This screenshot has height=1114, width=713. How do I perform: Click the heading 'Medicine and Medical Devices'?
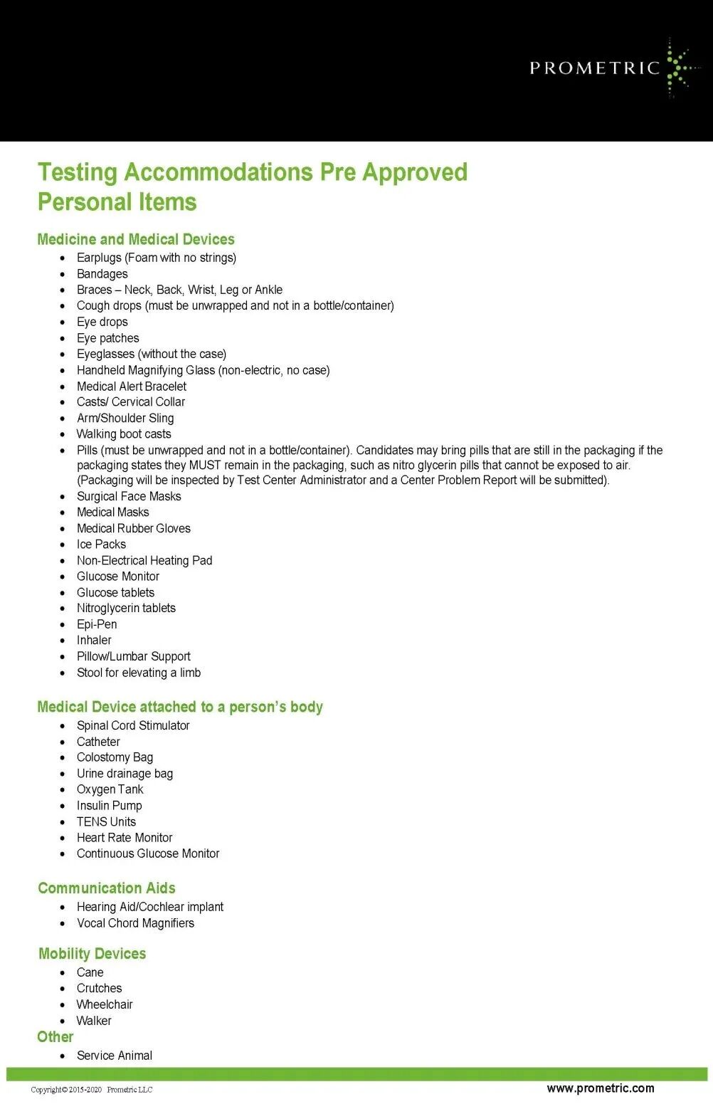pyautogui.click(x=136, y=239)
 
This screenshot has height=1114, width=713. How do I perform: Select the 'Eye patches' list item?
pyautogui.click(x=108, y=338)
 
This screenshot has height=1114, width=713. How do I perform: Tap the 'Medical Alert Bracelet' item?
pyautogui.click(x=132, y=387)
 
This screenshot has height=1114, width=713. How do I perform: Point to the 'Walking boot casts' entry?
pyautogui.click(x=124, y=434)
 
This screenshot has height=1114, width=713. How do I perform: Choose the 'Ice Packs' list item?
pyautogui.click(x=101, y=545)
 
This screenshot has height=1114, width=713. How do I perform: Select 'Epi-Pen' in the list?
pyautogui.click(x=97, y=624)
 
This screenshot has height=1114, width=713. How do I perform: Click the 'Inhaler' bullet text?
pyautogui.click(x=94, y=641)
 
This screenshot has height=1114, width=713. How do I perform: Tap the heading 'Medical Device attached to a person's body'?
pyautogui.click(x=180, y=707)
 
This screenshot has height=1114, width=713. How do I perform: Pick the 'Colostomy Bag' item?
pyautogui.click(x=115, y=757)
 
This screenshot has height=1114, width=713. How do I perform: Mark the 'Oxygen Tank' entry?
pyautogui.click(x=110, y=789)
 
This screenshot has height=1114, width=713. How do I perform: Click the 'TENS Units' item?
pyautogui.click(x=106, y=821)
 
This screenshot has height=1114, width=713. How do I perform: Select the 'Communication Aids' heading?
pyautogui.click(x=107, y=888)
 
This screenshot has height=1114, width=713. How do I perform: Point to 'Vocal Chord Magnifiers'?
pyautogui.click(x=135, y=923)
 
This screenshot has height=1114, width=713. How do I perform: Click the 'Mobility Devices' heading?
pyautogui.click(x=93, y=954)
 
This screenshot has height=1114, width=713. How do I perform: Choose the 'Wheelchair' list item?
pyautogui.click(x=105, y=1004)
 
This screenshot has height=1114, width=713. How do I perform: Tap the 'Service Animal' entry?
pyautogui.click(x=115, y=1056)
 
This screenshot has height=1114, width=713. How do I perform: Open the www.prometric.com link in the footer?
pyautogui.click(x=601, y=1088)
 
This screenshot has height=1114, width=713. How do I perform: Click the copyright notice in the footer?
pyautogui.click(x=92, y=1090)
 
